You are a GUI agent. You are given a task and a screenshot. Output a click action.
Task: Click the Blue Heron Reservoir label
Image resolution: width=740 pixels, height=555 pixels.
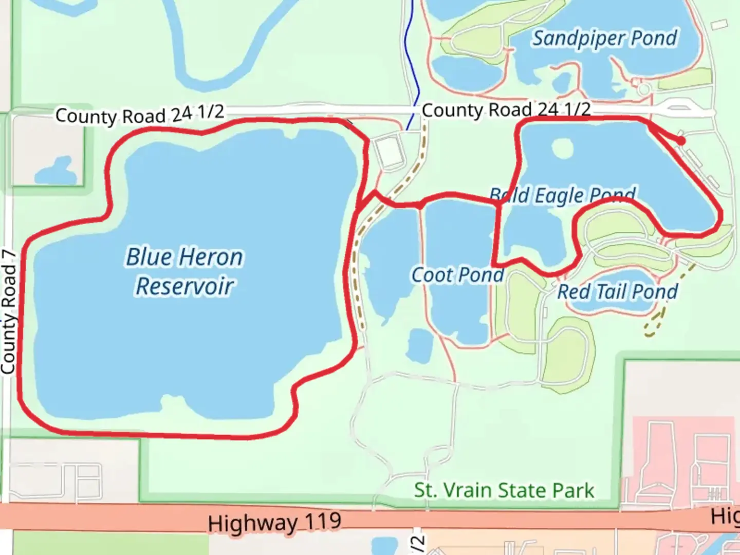(184, 271)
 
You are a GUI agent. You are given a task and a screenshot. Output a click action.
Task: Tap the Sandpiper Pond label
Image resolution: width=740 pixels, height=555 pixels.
(604, 38)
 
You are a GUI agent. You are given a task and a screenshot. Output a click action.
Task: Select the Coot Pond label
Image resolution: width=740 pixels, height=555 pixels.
(457, 275)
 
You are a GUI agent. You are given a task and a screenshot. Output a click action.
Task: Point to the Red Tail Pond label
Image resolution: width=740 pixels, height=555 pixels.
(617, 291)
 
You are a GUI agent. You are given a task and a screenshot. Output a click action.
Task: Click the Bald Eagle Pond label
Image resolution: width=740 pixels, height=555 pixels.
(563, 195)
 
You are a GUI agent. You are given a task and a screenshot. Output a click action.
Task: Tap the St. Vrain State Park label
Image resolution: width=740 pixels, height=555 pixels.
(504, 490)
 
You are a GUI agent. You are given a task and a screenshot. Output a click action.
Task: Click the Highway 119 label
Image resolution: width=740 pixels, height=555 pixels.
(274, 523)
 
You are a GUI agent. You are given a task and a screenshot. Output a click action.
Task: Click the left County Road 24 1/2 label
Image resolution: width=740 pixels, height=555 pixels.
(140, 114)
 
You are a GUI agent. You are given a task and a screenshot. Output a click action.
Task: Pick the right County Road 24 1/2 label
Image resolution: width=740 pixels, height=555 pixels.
(506, 109)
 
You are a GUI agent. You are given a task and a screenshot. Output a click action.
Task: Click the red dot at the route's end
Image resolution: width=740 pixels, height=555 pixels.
(681, 140)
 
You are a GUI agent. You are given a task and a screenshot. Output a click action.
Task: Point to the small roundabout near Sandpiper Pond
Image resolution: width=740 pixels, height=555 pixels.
(643, 89)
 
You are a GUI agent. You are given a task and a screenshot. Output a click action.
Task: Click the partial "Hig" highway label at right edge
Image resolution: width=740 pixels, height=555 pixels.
(725, 516)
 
